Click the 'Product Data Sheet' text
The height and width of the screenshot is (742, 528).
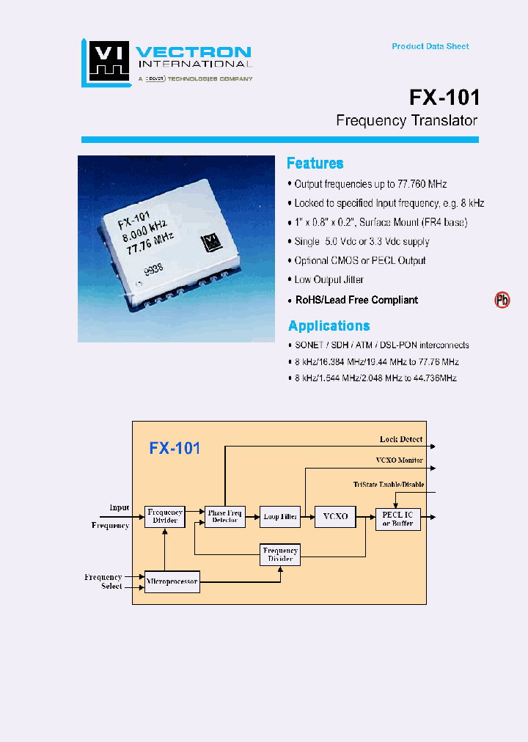click(430, 46)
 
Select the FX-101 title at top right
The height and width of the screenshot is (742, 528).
click(444, 98)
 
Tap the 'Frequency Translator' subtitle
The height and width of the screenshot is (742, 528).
click(406, 121)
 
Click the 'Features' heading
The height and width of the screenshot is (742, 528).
click(315, 164)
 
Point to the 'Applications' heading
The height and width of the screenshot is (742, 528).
click(329, 326)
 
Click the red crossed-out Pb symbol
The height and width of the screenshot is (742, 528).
click(502, 300)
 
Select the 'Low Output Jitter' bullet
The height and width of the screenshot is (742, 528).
click(329, 279)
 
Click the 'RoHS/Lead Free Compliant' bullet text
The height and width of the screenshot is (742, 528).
click(356, 300)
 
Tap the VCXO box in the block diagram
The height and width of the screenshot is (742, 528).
click(335, 517)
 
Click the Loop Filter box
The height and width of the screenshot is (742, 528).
click(280, 517)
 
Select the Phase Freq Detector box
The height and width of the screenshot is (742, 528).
click(225, 517)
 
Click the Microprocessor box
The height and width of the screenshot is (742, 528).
click(172, 582)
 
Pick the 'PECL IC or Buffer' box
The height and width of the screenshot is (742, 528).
click(397, 518)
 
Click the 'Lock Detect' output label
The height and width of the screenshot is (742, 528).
click(400, 439)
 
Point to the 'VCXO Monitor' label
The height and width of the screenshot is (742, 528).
click(398, 460)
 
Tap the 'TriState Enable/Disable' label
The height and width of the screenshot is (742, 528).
click(388, 485)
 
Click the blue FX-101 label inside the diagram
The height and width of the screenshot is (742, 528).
click(175, 448)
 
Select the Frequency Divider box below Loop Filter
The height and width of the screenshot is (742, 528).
click(280, 554)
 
